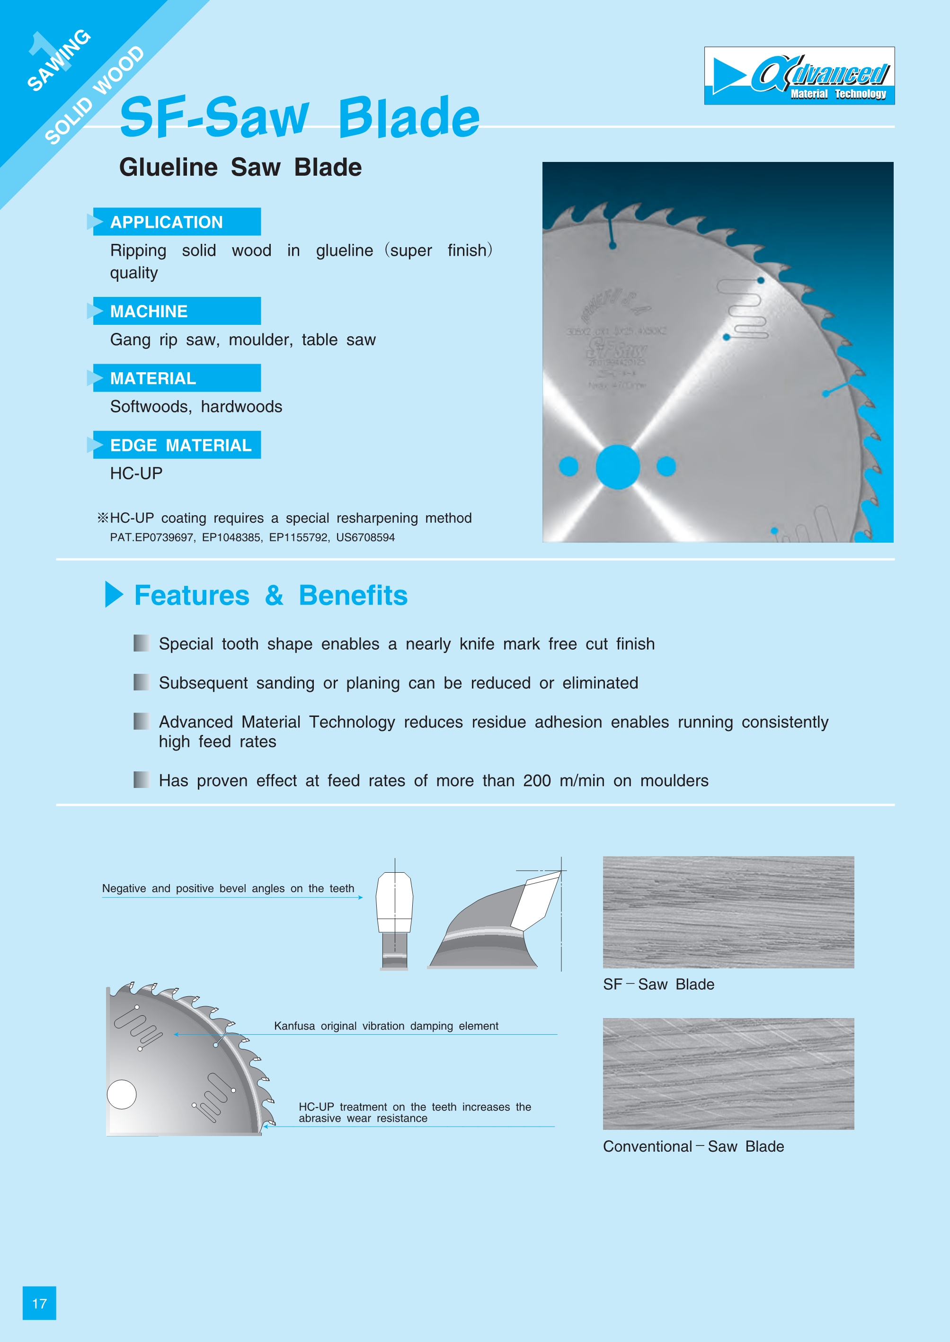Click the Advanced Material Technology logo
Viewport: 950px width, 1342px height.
point(799,76)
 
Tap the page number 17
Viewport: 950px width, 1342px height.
point(39,1303)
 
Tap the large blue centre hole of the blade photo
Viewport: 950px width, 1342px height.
point(618,466)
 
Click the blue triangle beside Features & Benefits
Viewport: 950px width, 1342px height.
point(114,595)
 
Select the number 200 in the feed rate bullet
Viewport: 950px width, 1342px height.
point(536,781)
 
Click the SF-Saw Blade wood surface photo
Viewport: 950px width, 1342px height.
point(728,912)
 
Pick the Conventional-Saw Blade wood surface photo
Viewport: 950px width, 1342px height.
point(728,1074)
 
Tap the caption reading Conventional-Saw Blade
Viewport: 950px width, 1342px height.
point(693,1146)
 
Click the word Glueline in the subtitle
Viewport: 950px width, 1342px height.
point(169,167)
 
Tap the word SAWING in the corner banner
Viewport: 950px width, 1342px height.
point(59,60)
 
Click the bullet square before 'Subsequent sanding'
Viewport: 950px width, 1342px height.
point(141,682)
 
